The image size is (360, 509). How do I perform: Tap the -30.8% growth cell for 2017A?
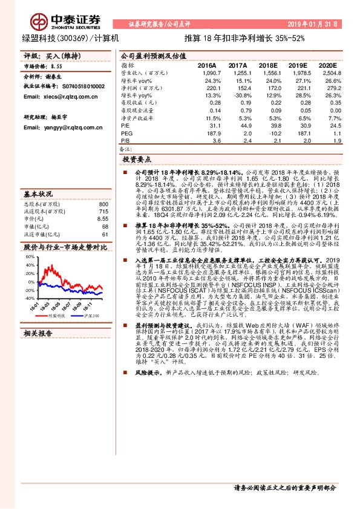[x=239, y=96]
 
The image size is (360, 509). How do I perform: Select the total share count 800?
[x=103, y=204]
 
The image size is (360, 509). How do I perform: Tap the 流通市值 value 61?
[x=105, y=234]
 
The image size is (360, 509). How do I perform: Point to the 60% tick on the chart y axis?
[x=30, y=256]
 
